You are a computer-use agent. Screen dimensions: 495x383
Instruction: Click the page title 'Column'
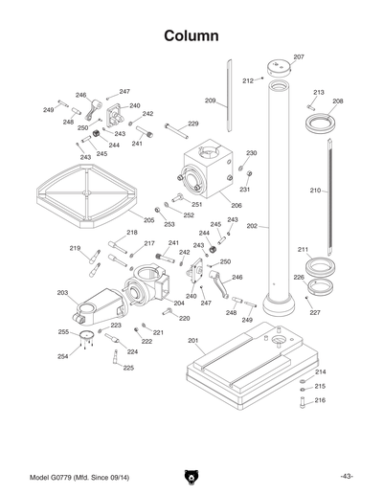click(x=191, y=35)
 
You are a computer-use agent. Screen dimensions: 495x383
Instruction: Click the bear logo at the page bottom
click(x=191, y=476)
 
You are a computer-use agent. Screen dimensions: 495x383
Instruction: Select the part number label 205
click(x=148, y=220)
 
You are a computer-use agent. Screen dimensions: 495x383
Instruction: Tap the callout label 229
click(x=192, y=124)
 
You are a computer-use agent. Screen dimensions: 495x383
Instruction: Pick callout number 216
click(x=320, y=400)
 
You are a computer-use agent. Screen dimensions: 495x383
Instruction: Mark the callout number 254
click(x=63, y=356)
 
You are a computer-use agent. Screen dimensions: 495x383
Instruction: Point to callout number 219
click(x=75, y=248)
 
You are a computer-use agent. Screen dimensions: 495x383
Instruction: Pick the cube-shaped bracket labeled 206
click(x=205, y=169)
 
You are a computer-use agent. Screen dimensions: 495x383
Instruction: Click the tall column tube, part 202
click(x=280, y=191)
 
